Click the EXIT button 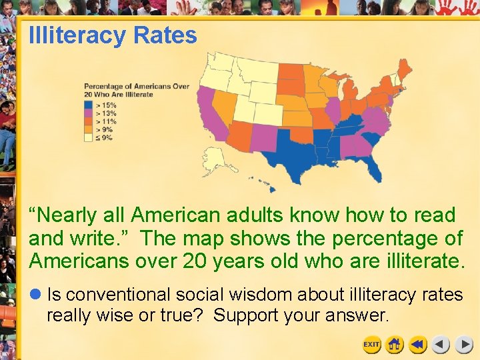pyautogui.click(x=371, y=345)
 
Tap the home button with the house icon pyautogui.click(x=395, y=345)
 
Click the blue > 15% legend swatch pyautogui.click(x=88, y=105)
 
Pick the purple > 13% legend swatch pyautogui.click(x=88, y=113)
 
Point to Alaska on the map pyautogui.click(x=215, y=160)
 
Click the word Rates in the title pyautogui.click(x=165, y=35)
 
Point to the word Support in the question pyautogui.click(x=244, y=315)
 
